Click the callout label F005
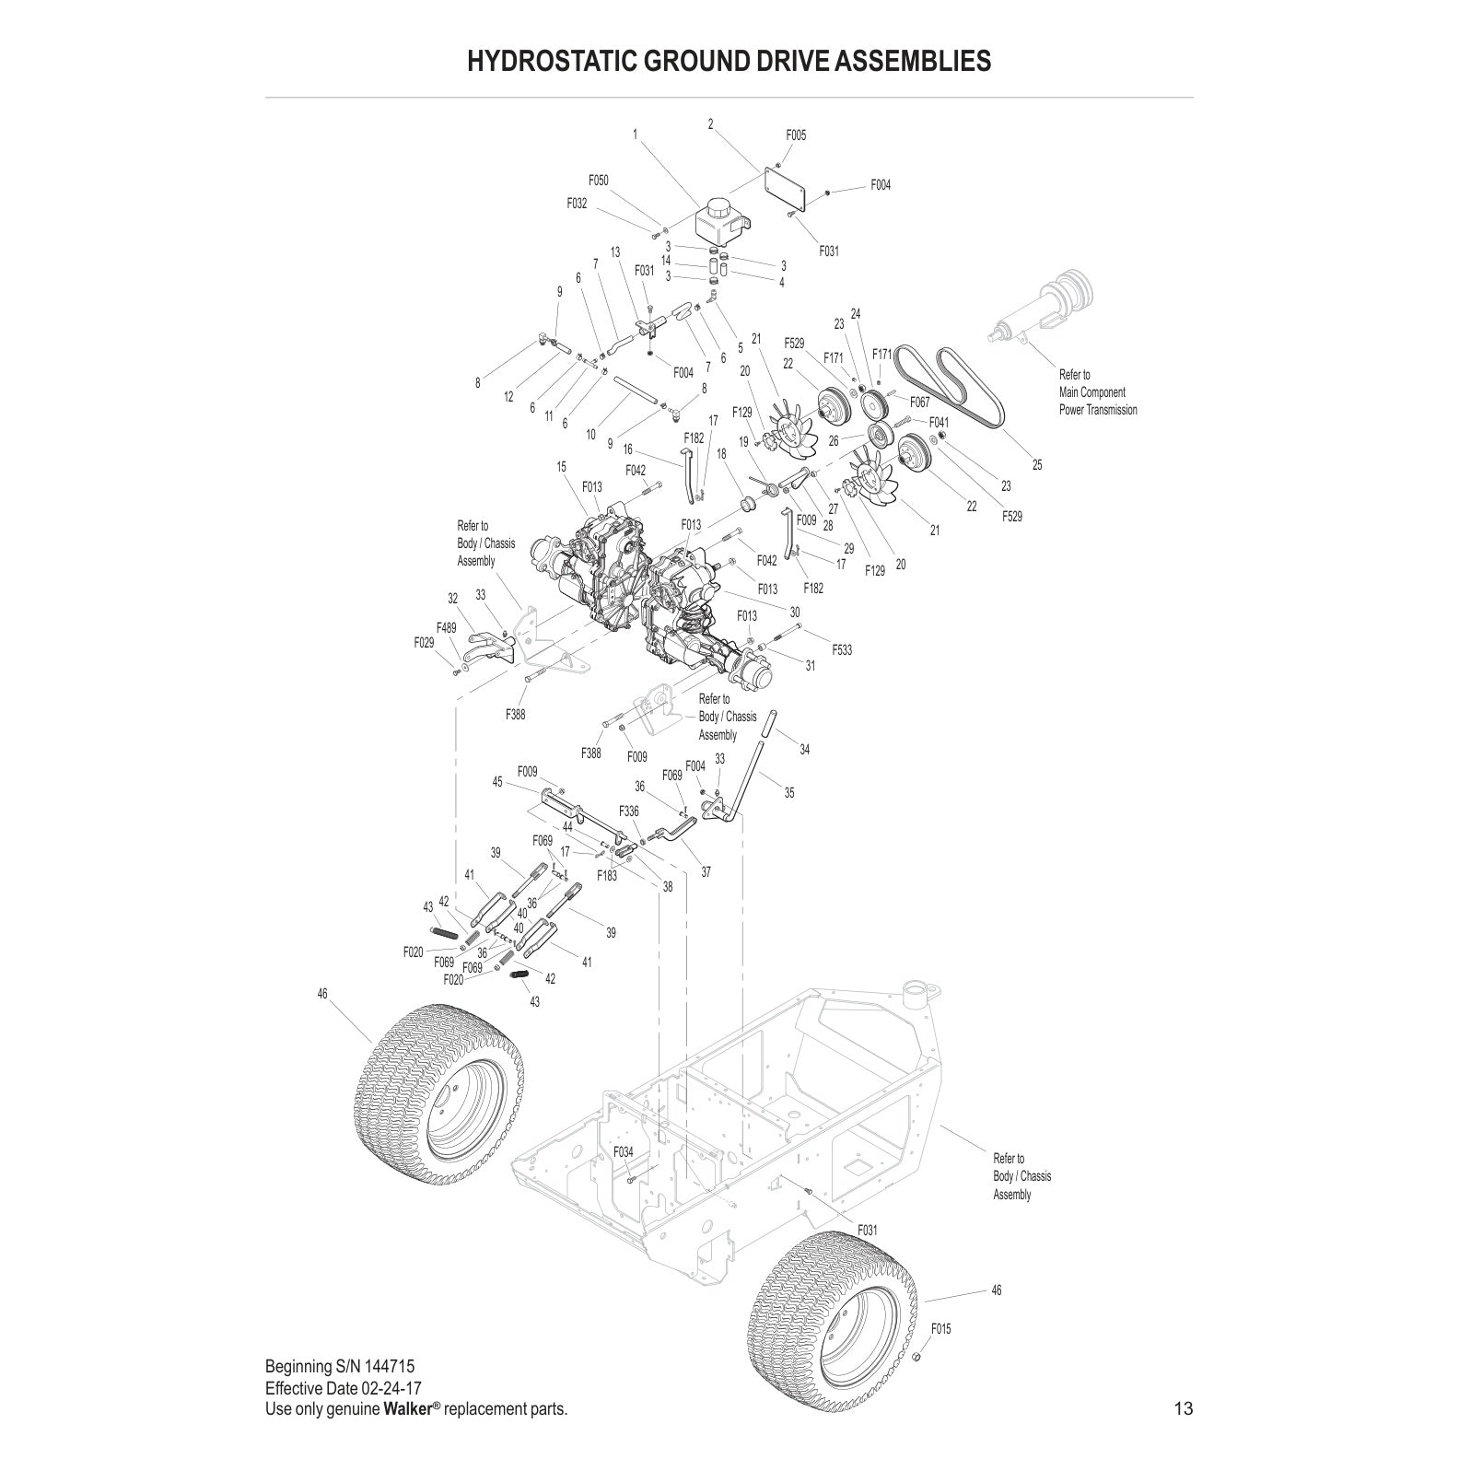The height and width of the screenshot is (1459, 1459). tap(796, 135)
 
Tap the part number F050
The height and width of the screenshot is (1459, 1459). tap(599, 181)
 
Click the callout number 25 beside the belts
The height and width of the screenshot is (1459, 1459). tap(1037, 465)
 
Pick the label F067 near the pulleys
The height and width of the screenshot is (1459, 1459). tap(919, 403)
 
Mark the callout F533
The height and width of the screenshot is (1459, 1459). tap(842, 650)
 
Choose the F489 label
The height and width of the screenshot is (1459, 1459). tap(447, 628)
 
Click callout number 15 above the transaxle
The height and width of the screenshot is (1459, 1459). tap(561, 468)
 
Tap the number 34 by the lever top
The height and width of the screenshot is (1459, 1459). tap(804, 750)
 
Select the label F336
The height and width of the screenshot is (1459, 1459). tap(629, 811)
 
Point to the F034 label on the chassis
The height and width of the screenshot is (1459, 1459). tap(624, 1152)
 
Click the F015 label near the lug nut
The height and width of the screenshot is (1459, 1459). tap(940, 1329)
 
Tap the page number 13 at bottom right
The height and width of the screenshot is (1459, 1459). tap(1183, 1408)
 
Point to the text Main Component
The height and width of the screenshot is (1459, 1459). tap(1091, 392)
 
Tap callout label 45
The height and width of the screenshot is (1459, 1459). tap(497, 782)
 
